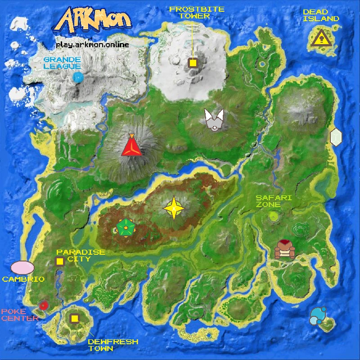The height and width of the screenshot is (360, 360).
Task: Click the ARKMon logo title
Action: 95,20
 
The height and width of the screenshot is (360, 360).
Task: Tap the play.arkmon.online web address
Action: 92,45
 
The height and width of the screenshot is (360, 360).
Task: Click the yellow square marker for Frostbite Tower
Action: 193,63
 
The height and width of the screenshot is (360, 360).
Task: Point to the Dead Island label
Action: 320,15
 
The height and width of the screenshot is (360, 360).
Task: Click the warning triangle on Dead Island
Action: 320,39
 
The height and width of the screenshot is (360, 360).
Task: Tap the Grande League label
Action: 62,63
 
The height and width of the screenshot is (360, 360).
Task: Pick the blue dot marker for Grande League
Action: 78,77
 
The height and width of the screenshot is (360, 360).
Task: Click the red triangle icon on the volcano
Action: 131,146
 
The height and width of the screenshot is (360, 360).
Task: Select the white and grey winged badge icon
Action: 214,120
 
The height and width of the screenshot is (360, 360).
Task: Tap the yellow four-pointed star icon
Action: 174,208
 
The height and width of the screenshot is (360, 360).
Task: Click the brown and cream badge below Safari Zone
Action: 284,249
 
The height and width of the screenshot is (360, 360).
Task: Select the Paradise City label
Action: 81,256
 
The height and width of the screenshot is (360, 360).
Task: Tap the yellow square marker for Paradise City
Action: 59,261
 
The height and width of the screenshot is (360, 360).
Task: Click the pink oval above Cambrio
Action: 22,267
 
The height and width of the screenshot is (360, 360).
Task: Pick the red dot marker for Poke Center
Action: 43,306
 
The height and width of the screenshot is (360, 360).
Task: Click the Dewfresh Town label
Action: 112,345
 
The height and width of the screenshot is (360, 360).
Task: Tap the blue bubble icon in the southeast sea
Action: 319,316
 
